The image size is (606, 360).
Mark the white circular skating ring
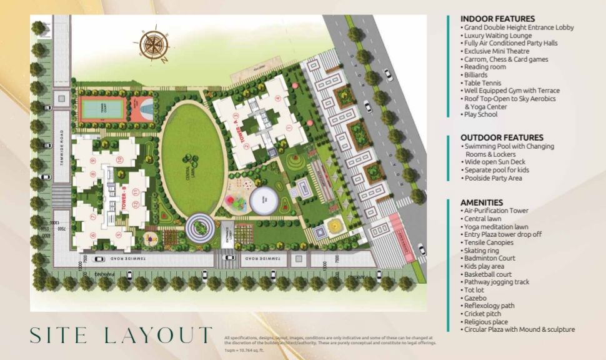pyautogui.click(x=264, y=201)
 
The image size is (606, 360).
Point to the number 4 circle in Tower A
pyautogui.click(x=277, y=98)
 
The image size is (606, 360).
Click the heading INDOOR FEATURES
pyautogui.click(x=497, y=19)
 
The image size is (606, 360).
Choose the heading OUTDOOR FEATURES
pyautogui.click(x=502, y=137)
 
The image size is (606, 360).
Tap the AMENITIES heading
pyautogui.click(x=482, y=202)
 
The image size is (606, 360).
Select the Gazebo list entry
pyautogui.click(x=476, y=298)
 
